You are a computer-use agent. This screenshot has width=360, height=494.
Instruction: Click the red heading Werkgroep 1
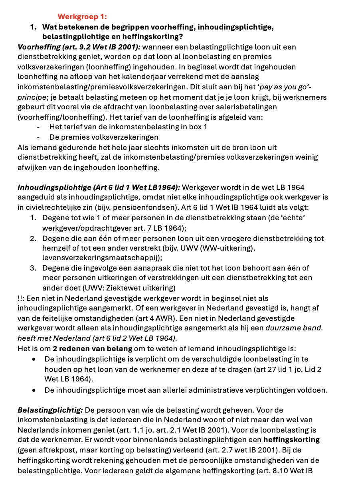(x=82, y=17)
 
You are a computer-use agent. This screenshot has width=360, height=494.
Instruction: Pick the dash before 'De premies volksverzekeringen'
(x=38, y=137)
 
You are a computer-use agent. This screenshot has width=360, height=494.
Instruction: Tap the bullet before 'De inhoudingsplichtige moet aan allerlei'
(x=35, y=390)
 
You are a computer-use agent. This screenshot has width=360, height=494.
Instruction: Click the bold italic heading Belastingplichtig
(x=50, y=410)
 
